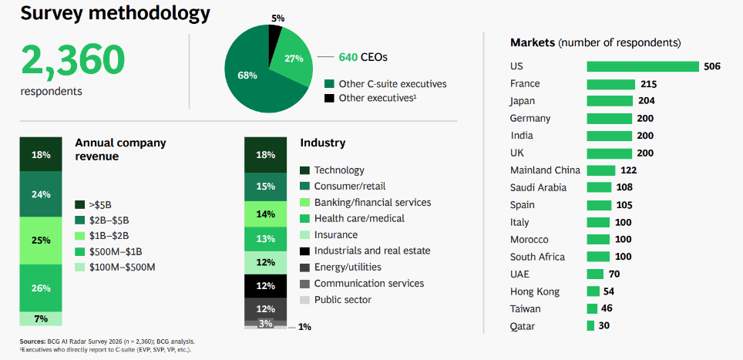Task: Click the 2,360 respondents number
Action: pyautogui.click(x=72, y=59)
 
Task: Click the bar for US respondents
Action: pyautogui.click(x=642, y=66)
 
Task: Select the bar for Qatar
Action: pyautogui.click(x=591, y=326)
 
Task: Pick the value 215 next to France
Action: pyautogui.click(x=647, y=84)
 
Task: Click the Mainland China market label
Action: pyautogui.click(x=545, y=170)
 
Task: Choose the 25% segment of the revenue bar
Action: pyautogui.click(x=41, y=241)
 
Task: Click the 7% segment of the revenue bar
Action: pyautogui.click(x=41, y=318)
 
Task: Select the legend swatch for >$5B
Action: pyautogui.click(x=79, y=204)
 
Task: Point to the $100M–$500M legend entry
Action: pyautogui.click(x=123, y=267)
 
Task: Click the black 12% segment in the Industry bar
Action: pyautogui.click(x=265, y=286)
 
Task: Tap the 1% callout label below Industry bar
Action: pyautogui.click(x=304, y=327)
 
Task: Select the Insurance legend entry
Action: pyautogui.click(x=335, y=234)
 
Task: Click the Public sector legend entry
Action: pyautogui.click(x=342, y=299)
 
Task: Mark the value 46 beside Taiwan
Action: pyautogui.click(x=607, y=309)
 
